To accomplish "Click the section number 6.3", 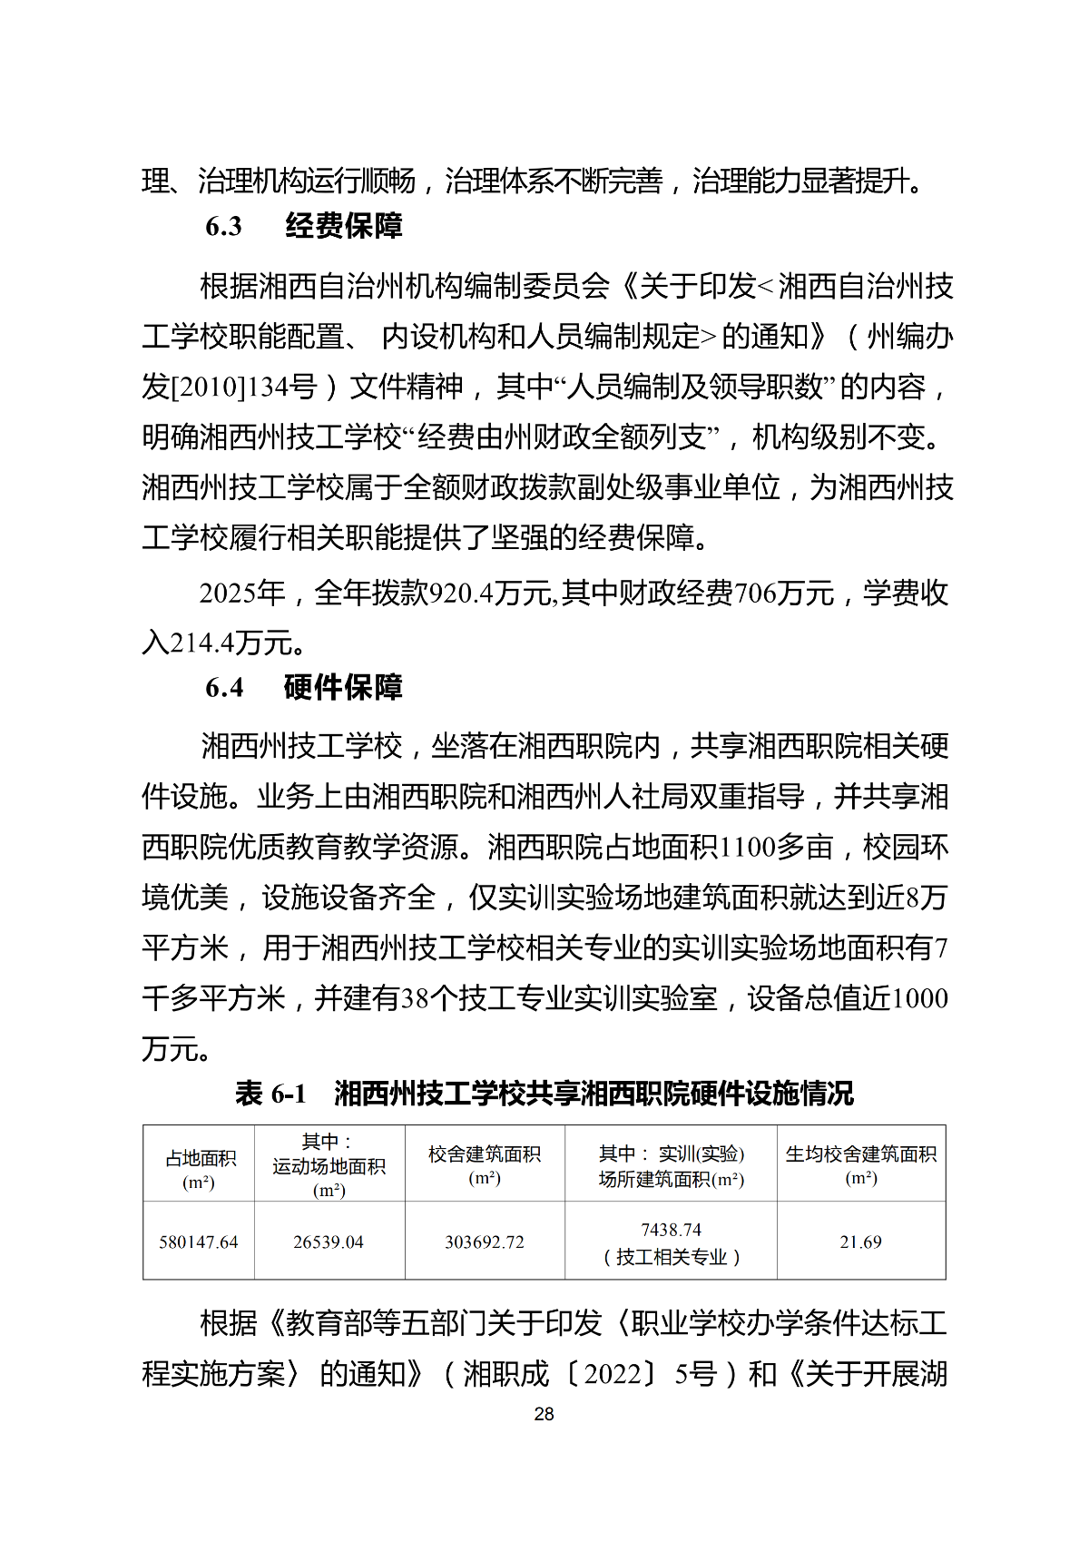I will click(x=223, y=226).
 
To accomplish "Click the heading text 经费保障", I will click(x=343, y=226).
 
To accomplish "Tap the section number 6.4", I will click(x=223, y=687).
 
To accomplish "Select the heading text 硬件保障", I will click(x=343, y=687).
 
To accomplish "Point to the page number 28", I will click(x=544, y=1414).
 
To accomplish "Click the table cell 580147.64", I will click(x=199, y=1242).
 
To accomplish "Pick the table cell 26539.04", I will click(x=329, y=1242).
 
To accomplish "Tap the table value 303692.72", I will click(x=485, y=1242).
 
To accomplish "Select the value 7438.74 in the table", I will click(x=671, y=1230).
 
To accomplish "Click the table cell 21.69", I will click(x=860, y=1242).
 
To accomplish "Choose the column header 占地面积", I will click(x=200, y=1159).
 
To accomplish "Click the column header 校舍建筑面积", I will click(x=485, y=1154).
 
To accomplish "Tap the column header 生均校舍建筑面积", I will click(x=860, y=1154).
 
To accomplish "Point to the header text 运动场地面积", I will click(x=329, y=1166).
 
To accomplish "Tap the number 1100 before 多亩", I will click(x=747, y=848).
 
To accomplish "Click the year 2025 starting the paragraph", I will click(x=228, y=594).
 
